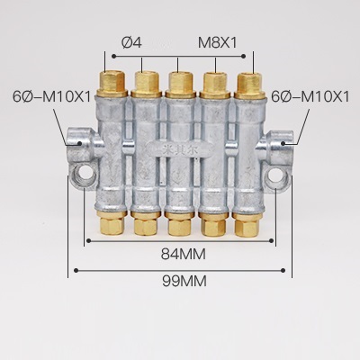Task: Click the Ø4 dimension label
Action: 130,41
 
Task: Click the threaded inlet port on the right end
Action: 285,141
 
